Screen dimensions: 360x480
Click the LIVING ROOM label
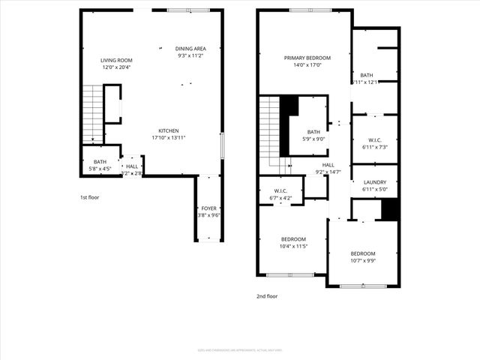(x=116, y=60)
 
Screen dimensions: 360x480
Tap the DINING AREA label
(x=190, y=48)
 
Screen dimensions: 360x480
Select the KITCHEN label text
(x=168, y=130)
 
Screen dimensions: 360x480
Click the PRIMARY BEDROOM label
(x=307, y=58)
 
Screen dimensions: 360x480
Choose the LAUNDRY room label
(x=374, y=182)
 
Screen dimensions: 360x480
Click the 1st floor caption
(x=89, y=197)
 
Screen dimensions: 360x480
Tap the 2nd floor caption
(x=267, y=296)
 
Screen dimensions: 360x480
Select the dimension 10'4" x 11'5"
(x=293, y=246)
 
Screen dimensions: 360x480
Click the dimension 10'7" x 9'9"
(x=363, y=261)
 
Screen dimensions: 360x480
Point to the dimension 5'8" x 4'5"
(x=100, y=169)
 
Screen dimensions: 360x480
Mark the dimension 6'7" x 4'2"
(x=281, y=198)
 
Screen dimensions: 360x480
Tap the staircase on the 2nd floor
(x=270, y=135)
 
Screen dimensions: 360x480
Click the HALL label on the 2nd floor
(x=328, y=165)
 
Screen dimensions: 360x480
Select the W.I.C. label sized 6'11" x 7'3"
(x=374, y=140)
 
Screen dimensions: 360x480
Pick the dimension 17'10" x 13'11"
(x=168, y=137)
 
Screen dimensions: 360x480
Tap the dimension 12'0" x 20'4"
(x=116, y=67)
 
